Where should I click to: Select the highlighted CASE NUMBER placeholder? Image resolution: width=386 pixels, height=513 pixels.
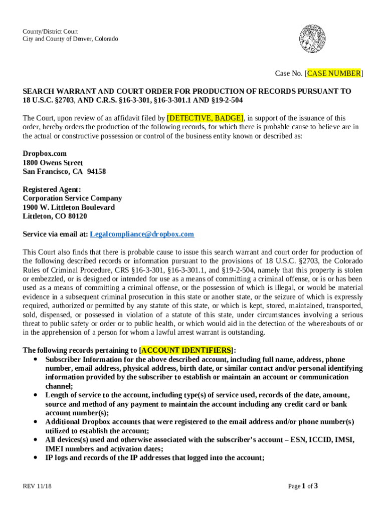coord(333,74)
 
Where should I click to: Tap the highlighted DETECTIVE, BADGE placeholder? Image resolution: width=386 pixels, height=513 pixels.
coord(205,118)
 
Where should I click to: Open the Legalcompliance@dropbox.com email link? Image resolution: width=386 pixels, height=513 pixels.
coord(142,234)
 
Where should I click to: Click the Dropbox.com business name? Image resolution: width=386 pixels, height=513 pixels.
coord(45,154)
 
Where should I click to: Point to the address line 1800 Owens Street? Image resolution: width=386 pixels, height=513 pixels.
coord(53,163)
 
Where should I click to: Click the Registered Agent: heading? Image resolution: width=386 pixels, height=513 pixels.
coord(52,189)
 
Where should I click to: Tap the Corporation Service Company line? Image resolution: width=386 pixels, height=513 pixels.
coord(72,198)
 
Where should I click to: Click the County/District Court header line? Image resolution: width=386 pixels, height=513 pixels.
coord(50,32)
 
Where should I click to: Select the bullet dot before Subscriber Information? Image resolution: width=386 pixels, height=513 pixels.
coord(35,360)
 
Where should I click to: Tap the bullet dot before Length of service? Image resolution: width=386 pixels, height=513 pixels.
coord(35,395)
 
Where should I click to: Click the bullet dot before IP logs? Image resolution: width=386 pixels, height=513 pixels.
coord(35,457)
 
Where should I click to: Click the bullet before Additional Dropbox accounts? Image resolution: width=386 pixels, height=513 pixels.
coord(35,422)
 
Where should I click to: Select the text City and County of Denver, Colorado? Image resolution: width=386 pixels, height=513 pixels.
coord(70,39)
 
